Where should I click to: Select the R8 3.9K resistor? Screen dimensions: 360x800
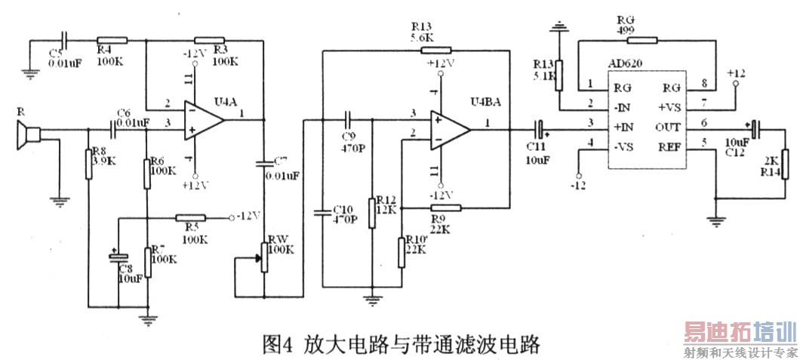88,164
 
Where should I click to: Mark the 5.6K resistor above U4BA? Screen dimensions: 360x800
435,51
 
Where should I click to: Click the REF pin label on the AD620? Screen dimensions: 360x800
670,148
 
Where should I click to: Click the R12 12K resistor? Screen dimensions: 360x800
371,212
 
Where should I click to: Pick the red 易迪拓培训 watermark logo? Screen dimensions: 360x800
740,333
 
